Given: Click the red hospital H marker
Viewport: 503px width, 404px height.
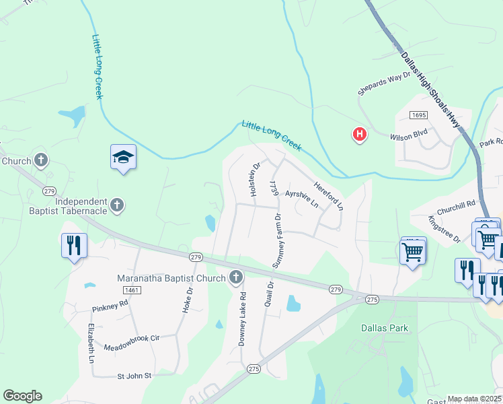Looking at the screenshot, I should click(x=360, y=135).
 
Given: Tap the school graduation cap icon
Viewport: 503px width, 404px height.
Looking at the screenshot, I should click(x=123, y=158).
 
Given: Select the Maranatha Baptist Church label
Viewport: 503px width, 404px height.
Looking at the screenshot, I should click(x=173, y=277).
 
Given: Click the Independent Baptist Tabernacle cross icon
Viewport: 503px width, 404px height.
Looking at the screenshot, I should click(x=117, y=205).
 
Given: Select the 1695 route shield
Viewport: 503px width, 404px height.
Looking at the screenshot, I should click(x=418, y=115).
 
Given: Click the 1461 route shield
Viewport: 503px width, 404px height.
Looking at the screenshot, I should click(x=131, y=289).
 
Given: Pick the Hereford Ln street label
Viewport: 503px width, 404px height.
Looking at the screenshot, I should click(x=329, y=194).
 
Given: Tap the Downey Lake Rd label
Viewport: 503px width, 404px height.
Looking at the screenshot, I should click(x=243, y=318).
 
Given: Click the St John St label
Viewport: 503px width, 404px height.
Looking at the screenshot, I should click(x=135, y=376).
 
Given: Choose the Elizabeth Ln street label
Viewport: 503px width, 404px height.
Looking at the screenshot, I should click(x=91, y=343).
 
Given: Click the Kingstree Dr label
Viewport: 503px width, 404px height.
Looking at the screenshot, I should click(x=443, y=230).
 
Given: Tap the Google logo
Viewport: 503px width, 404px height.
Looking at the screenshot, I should click(x=22, y=396).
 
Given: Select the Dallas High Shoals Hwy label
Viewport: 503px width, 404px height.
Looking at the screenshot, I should click(x=430, y=90).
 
